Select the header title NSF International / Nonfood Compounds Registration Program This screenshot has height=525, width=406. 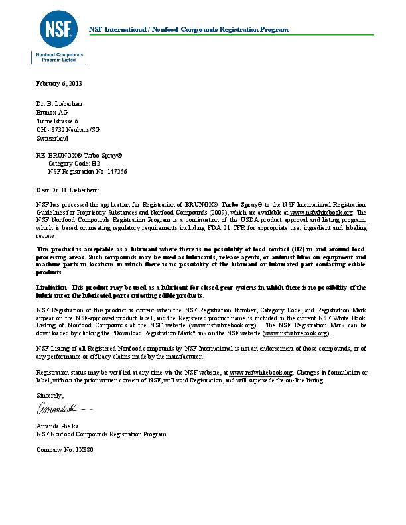189,30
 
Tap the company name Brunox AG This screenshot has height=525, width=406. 52,113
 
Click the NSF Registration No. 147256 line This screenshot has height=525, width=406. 88,172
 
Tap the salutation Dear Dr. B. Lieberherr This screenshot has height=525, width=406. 68,190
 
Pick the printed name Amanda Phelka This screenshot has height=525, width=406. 59,424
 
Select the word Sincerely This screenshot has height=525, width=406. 50,395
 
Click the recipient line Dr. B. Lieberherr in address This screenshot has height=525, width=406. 60,104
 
